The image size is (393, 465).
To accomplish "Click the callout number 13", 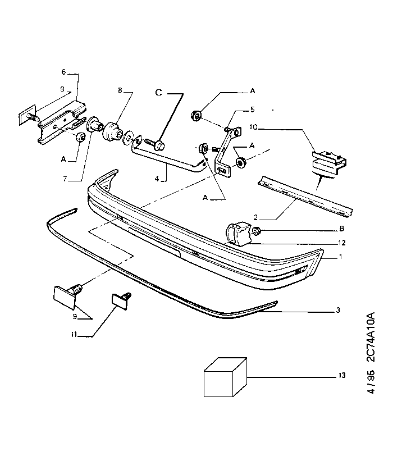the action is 342,376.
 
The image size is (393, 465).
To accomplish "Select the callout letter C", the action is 159,93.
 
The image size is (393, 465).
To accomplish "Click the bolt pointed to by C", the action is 154,145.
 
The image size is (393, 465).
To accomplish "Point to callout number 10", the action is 253,127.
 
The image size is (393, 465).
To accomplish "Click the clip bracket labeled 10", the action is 329,163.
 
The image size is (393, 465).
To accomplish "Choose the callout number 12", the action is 342,243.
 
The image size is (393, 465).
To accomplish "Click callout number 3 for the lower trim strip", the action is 338,310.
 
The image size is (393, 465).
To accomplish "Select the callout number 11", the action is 74,335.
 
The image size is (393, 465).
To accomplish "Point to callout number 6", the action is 63,72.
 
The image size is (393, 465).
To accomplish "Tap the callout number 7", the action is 65,179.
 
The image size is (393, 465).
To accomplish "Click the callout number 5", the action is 252,110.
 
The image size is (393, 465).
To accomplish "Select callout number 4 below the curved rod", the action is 157,179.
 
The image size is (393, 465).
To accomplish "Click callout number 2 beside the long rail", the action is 256,218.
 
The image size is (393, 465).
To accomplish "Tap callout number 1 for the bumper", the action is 341,257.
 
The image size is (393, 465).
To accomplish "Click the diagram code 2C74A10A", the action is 371,337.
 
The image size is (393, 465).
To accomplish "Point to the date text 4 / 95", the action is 371,382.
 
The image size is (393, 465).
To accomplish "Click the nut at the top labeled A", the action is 196,115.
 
